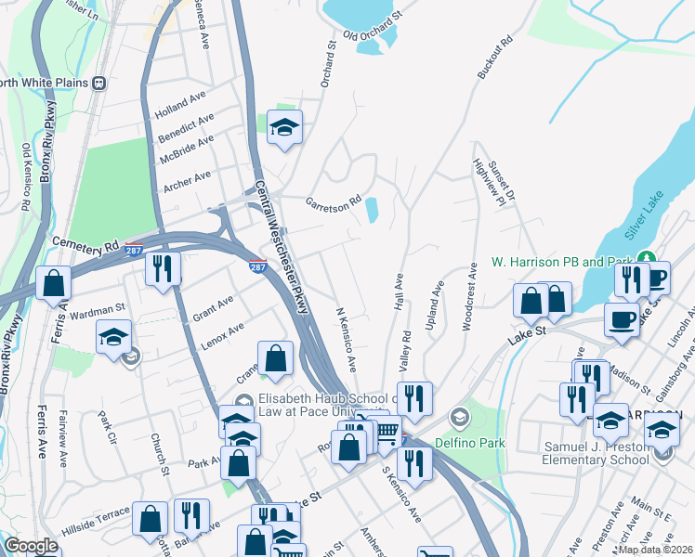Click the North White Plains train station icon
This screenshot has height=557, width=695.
98,83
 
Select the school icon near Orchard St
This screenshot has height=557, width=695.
284,128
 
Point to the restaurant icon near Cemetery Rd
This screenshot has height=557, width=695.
163,268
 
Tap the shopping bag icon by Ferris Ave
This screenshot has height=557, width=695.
54,281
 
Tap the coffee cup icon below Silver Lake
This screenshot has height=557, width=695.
621,319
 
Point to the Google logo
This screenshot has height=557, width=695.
31,546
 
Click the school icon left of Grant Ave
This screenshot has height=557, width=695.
113,335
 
